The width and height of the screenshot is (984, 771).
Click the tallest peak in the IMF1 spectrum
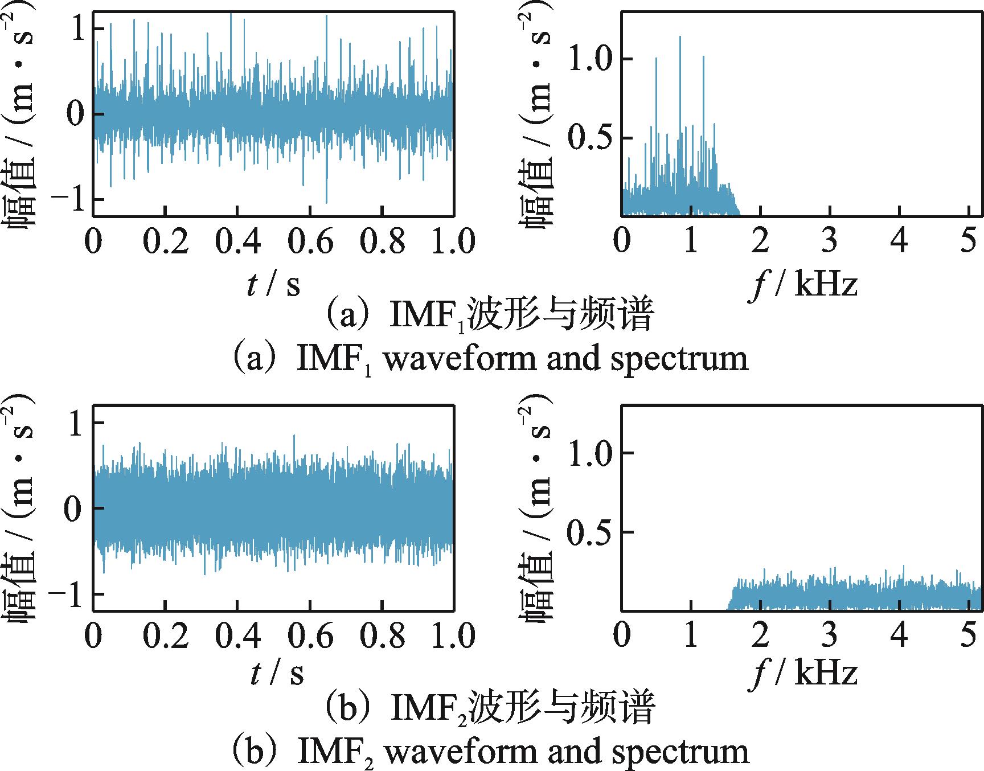click(x=680, y=38)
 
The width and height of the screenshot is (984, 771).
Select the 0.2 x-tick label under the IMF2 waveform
click(x=165, y=635)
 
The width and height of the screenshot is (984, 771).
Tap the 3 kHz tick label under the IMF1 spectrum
click(x=830, y=241)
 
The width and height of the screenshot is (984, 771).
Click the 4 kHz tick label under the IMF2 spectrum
click(x=899, y=635)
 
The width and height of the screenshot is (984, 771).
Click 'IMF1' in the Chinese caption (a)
click(x=427, y=317)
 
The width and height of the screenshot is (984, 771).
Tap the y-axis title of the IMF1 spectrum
click(x=535, y=114)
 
